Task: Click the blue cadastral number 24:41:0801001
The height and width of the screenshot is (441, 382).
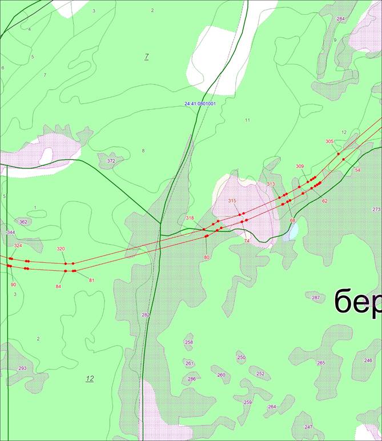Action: click(200, 103)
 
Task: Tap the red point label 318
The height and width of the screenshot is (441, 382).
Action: click(190, 218)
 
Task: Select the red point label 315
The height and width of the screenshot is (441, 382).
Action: click(232, 201)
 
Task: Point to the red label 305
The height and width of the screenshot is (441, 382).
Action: click(329, 141)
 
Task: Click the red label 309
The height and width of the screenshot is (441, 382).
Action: click(300, 166)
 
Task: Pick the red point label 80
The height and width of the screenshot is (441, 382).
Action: click(207, 258)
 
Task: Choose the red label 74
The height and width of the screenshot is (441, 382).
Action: click(247, 240)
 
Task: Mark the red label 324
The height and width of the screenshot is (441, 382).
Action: click(18, 245)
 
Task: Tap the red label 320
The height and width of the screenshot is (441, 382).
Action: click(61, 248)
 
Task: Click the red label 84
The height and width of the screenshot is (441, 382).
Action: click(58, 286)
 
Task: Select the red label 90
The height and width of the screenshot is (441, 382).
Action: click(13, 284)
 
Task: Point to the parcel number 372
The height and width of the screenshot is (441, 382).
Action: click(111, 161)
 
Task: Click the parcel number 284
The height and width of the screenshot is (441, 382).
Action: click(341, 19)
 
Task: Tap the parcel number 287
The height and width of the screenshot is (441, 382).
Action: click(316, 298)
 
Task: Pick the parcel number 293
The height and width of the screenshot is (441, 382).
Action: click(22, 368)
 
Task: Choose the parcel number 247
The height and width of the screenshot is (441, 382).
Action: click(308, 427)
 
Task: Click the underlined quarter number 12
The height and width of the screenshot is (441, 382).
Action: click(90, 378)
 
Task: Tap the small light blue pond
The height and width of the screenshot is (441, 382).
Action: click(293, 231)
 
